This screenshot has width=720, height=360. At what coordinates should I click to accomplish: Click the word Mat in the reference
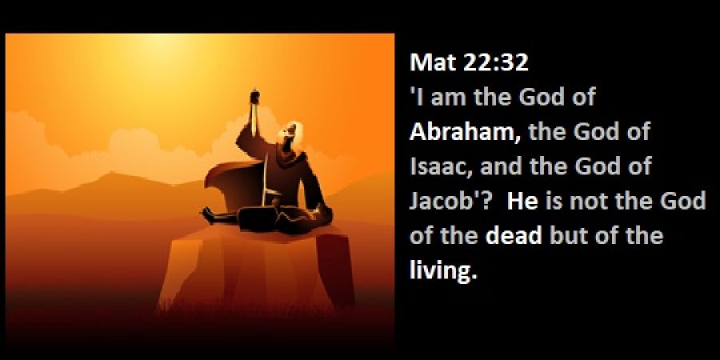click(x=432, y=62)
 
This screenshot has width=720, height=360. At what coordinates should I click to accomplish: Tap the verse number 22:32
click(x=495, y=62)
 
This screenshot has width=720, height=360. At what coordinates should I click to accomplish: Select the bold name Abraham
click(x=465, y=131)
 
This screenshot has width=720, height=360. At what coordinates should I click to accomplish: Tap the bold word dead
click(x=514, y=235)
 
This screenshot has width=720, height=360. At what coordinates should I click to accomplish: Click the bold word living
click(x=443, y=271)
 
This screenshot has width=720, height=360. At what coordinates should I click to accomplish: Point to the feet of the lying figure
click(x=209, y=215)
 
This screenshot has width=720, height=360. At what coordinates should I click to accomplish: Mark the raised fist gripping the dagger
click(x=254, y=96)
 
